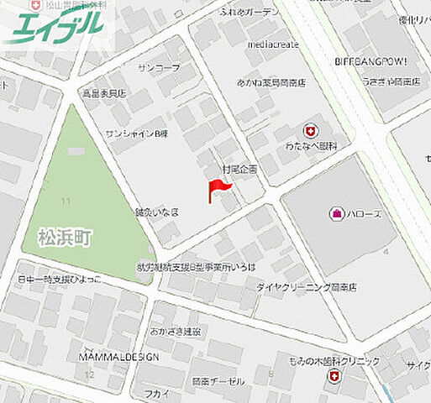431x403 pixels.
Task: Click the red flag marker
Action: pyautogui.click(x=215, y=191)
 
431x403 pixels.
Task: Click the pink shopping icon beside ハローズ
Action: pyautogui.click(x=336, y=213)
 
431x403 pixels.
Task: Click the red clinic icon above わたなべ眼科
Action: pyautogui.click(x=310, y=131)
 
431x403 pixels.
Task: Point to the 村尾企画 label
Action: pyautogui.click(x=239, y=169)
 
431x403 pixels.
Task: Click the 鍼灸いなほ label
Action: pyautogui.click(x=156, y=212)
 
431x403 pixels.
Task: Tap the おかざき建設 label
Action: pyautogui.click(x=176, y=332)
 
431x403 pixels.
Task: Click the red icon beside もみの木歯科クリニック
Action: pyautogui.click(x=334, y=375)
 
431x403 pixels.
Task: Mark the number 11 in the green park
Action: pyautogui.click(x=66, y=200)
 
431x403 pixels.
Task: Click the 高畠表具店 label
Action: pyautogui.click(x=104, y=93)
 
